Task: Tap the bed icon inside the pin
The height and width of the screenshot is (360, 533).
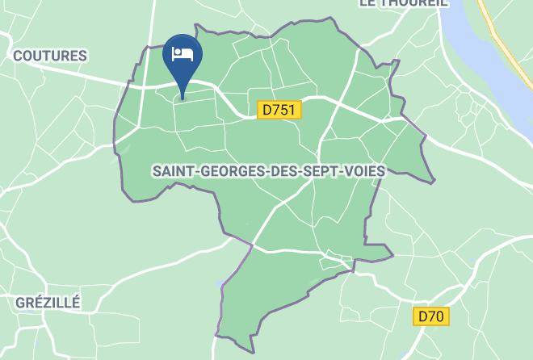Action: pyautogui.click(x=183, y=54)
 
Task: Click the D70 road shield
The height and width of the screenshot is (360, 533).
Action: pyautogui.click(x=431, y=316)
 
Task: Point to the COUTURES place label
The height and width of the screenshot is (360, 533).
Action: pyautogui.click(x=50, y=56)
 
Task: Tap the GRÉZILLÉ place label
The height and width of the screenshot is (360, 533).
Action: pyautogui.click(x=48, y=303)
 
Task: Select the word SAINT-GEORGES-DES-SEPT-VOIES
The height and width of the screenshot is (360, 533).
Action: pyautogui.click(x=268, y=171)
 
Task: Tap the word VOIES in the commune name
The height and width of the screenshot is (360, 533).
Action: pyautogui.click(x=363, y=171)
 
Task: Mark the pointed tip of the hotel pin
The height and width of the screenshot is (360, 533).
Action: pyautogui.click(x=183, y=98)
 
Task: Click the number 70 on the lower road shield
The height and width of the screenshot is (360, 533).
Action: pyautogui.click(x=436, y=316)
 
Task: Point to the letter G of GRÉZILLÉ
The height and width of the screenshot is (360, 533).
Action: pyautogui.click(x=21, y=303)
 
